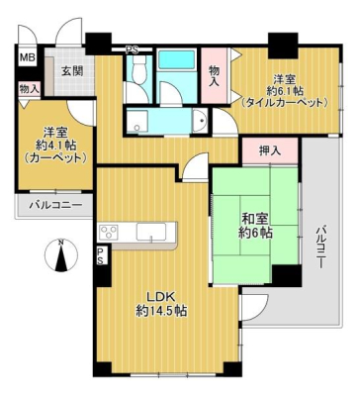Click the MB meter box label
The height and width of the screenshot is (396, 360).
pyautogui.click(x=27, y=58)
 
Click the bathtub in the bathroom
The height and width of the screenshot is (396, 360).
pyautogui.click(x=176, y=60)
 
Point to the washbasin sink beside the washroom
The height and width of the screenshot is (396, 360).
pyautogui.click(x=200, y=121)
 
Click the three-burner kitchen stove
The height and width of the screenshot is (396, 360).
pyautogui.click(x=109, y=231)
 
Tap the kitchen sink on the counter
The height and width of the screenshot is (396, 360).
pyautogui.click(x=151, y=233)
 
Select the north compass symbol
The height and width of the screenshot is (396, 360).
pyautogui.click(x=61, y=255)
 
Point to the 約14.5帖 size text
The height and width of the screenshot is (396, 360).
pyautogui.click(x=161, y=311)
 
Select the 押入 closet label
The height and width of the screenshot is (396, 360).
pyautogui.click(x=270, y=151)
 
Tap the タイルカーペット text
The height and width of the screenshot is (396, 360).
pyautogui.click(x=285, y=103)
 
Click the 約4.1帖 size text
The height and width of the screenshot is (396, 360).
pyautogui.click(x=56, y=145)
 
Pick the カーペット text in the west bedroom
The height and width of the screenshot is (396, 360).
pyautogui.click(x=56, y=158)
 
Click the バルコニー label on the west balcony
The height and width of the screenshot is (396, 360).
pyautogui.click(x=55, y=205)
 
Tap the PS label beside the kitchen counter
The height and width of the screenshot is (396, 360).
pyautogui.click(x=100, y=255)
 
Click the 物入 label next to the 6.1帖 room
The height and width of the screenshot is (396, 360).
pyautogui.click(x=215, y=75)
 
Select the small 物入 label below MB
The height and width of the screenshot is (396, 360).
pyautogui.click(x=30, y=89)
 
